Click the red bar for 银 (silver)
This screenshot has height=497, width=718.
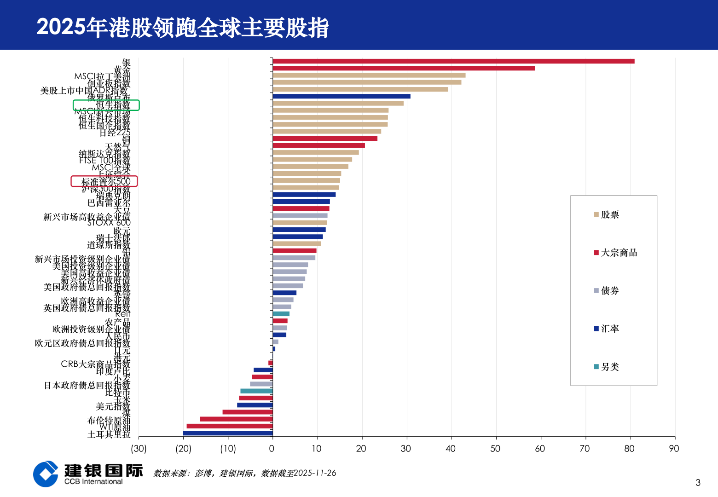[x=453, y=61]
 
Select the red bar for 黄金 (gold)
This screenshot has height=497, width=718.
[x=404, y=68]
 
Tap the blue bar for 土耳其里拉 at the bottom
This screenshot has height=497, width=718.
[x=228, y=433]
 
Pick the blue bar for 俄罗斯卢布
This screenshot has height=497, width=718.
[x=342, y=96]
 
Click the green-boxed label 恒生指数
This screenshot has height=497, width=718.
[x=106, y=105]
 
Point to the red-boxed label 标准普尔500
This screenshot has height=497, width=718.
[x=104, y=181]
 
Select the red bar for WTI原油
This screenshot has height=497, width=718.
[x=230, y=426]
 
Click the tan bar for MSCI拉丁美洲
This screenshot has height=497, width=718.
[x=369, y=75]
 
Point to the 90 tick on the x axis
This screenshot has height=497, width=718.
[x=674, y=448]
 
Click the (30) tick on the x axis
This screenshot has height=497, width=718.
[x=139, y=448]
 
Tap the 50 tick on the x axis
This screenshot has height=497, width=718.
[x=495, y=448]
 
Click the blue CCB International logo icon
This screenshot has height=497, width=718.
[x=46, y=474]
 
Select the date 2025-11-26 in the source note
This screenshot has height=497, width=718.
[x=315, y=473]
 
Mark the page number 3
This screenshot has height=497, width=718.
[x=698, y=482]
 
